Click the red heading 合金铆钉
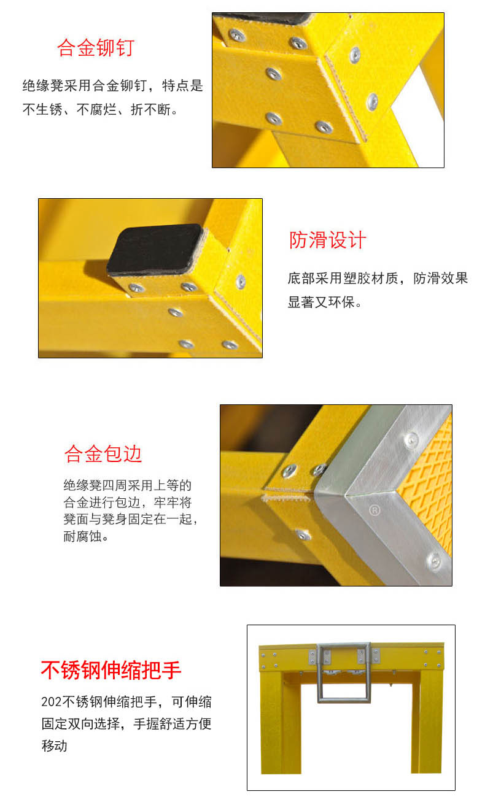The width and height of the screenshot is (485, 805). (96, 48)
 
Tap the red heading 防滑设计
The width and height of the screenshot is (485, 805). (327, 240)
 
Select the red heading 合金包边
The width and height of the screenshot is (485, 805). (103, 453)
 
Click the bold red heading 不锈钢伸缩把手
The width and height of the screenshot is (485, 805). (111, 670)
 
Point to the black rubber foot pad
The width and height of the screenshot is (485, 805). (155, 249)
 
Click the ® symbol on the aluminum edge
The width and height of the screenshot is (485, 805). (374, 510)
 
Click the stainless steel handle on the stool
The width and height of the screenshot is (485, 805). (344, 672)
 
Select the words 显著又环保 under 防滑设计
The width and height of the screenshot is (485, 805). (321, 302)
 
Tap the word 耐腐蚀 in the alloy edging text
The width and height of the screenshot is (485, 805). (82, 536)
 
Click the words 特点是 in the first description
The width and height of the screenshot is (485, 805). (182, 85)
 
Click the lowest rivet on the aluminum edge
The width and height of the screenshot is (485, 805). (434, 561)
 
